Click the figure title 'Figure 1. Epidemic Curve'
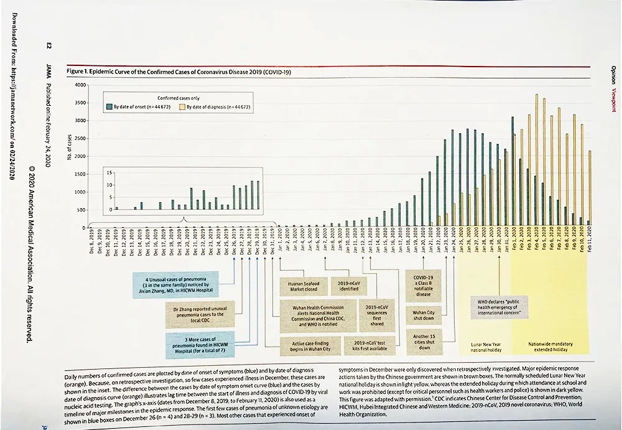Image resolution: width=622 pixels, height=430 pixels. [x=180, y=73]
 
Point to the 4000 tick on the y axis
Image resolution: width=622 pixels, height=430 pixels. [x=82, y=85]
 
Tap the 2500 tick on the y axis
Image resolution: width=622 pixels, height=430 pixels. [x=82, y=138]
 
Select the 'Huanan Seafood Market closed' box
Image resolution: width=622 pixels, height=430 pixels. [x=303, y=286]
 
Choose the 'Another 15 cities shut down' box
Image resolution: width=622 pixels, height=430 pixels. [x=424, y=342]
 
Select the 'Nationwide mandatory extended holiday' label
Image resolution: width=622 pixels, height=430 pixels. [x=550, y=347]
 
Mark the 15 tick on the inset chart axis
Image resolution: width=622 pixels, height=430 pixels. [x=109, y=172]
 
